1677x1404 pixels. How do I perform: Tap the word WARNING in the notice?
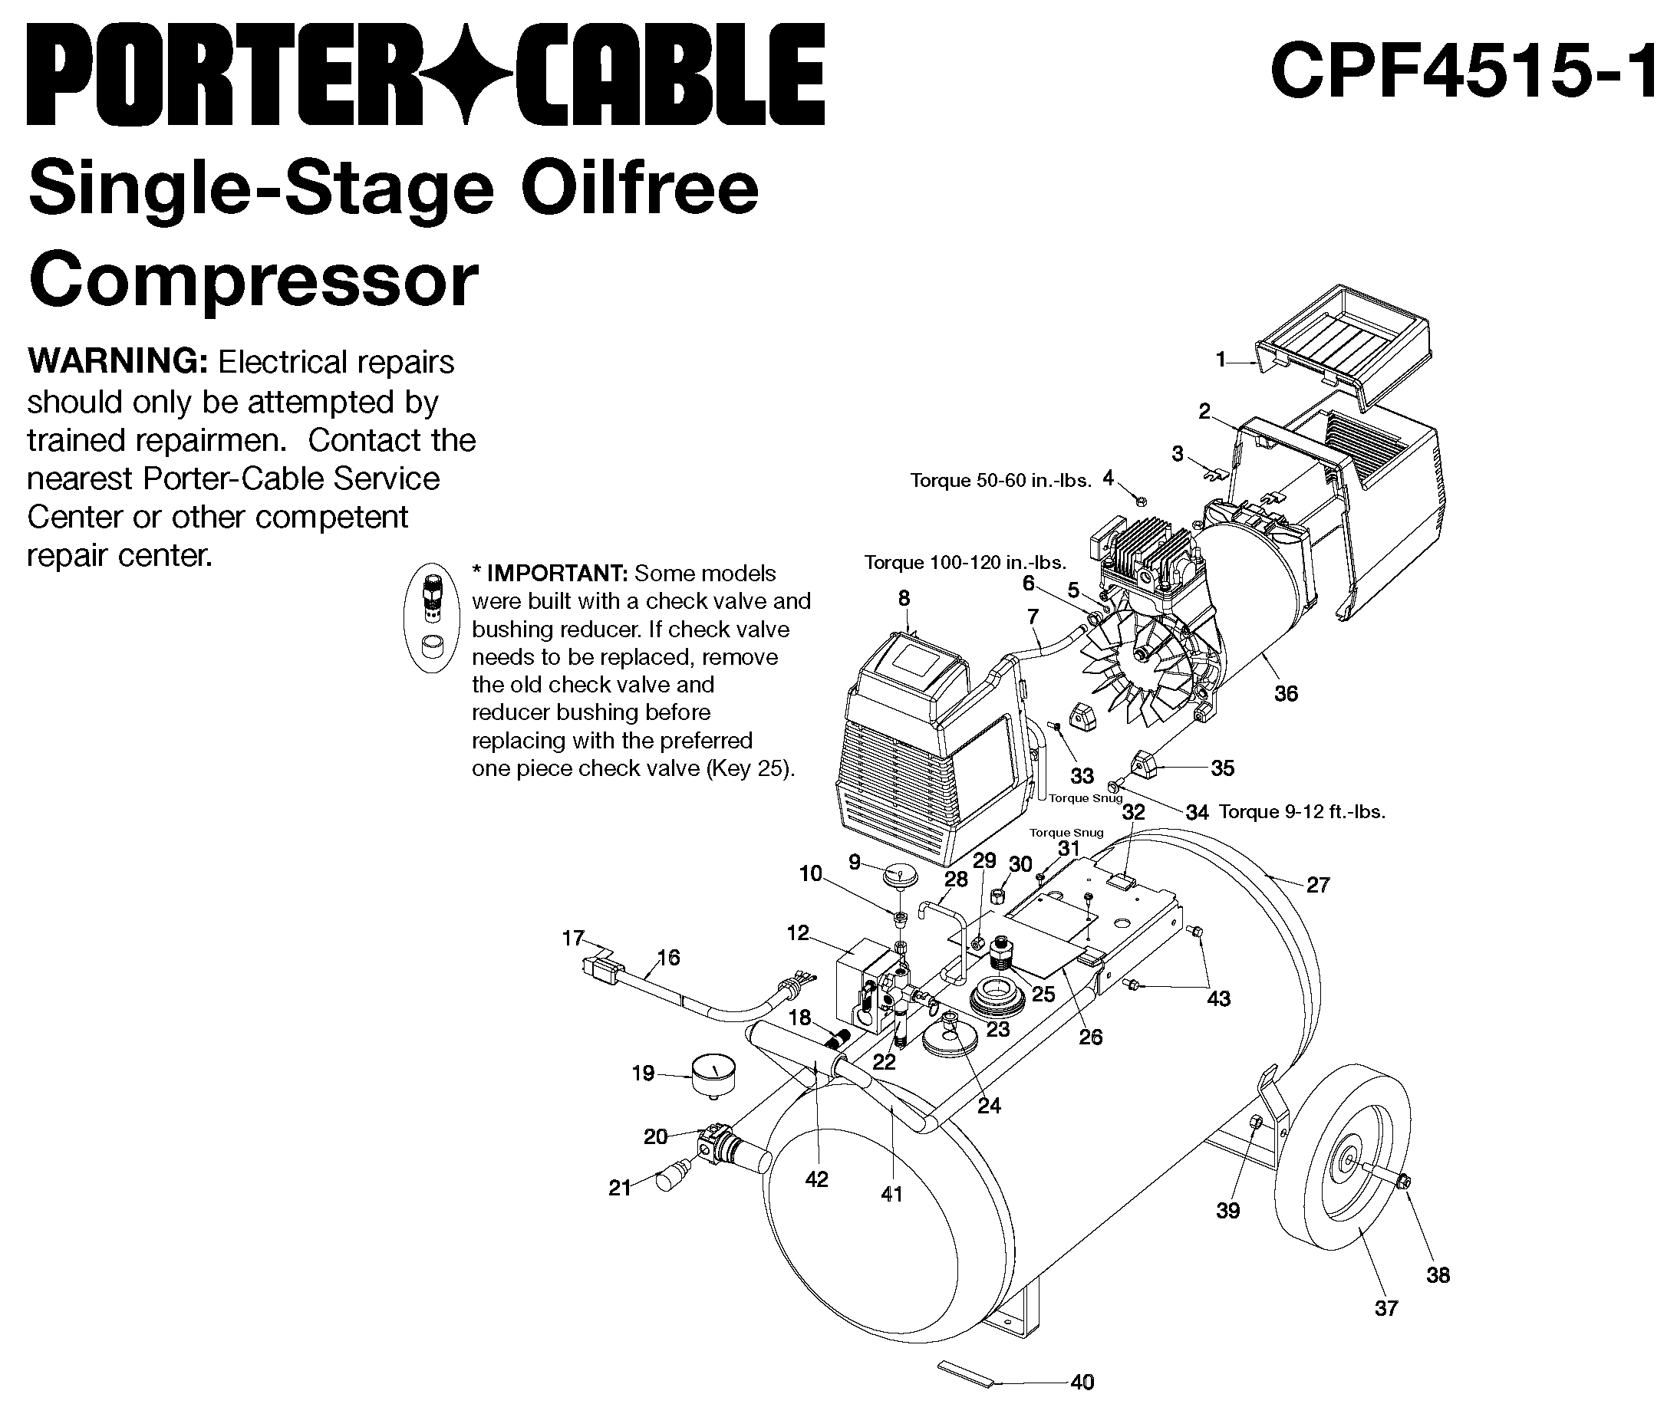coord(117,362)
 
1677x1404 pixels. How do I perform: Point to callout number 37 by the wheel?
coord(1386,1307)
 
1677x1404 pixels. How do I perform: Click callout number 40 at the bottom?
coord(1081,1381)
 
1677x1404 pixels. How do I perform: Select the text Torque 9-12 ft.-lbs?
coord(1302,812)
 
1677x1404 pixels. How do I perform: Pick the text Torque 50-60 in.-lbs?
coord(1000,481)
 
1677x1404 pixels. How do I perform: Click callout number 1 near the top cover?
coord(1221,361)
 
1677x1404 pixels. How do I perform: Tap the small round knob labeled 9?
coord(900,876)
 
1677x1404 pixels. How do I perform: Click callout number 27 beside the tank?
coord(1318,884)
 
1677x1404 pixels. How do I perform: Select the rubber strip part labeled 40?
coord(964,1373)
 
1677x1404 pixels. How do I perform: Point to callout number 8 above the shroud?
coord(903,598)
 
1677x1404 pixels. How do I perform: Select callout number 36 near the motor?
coord(1286,694)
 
